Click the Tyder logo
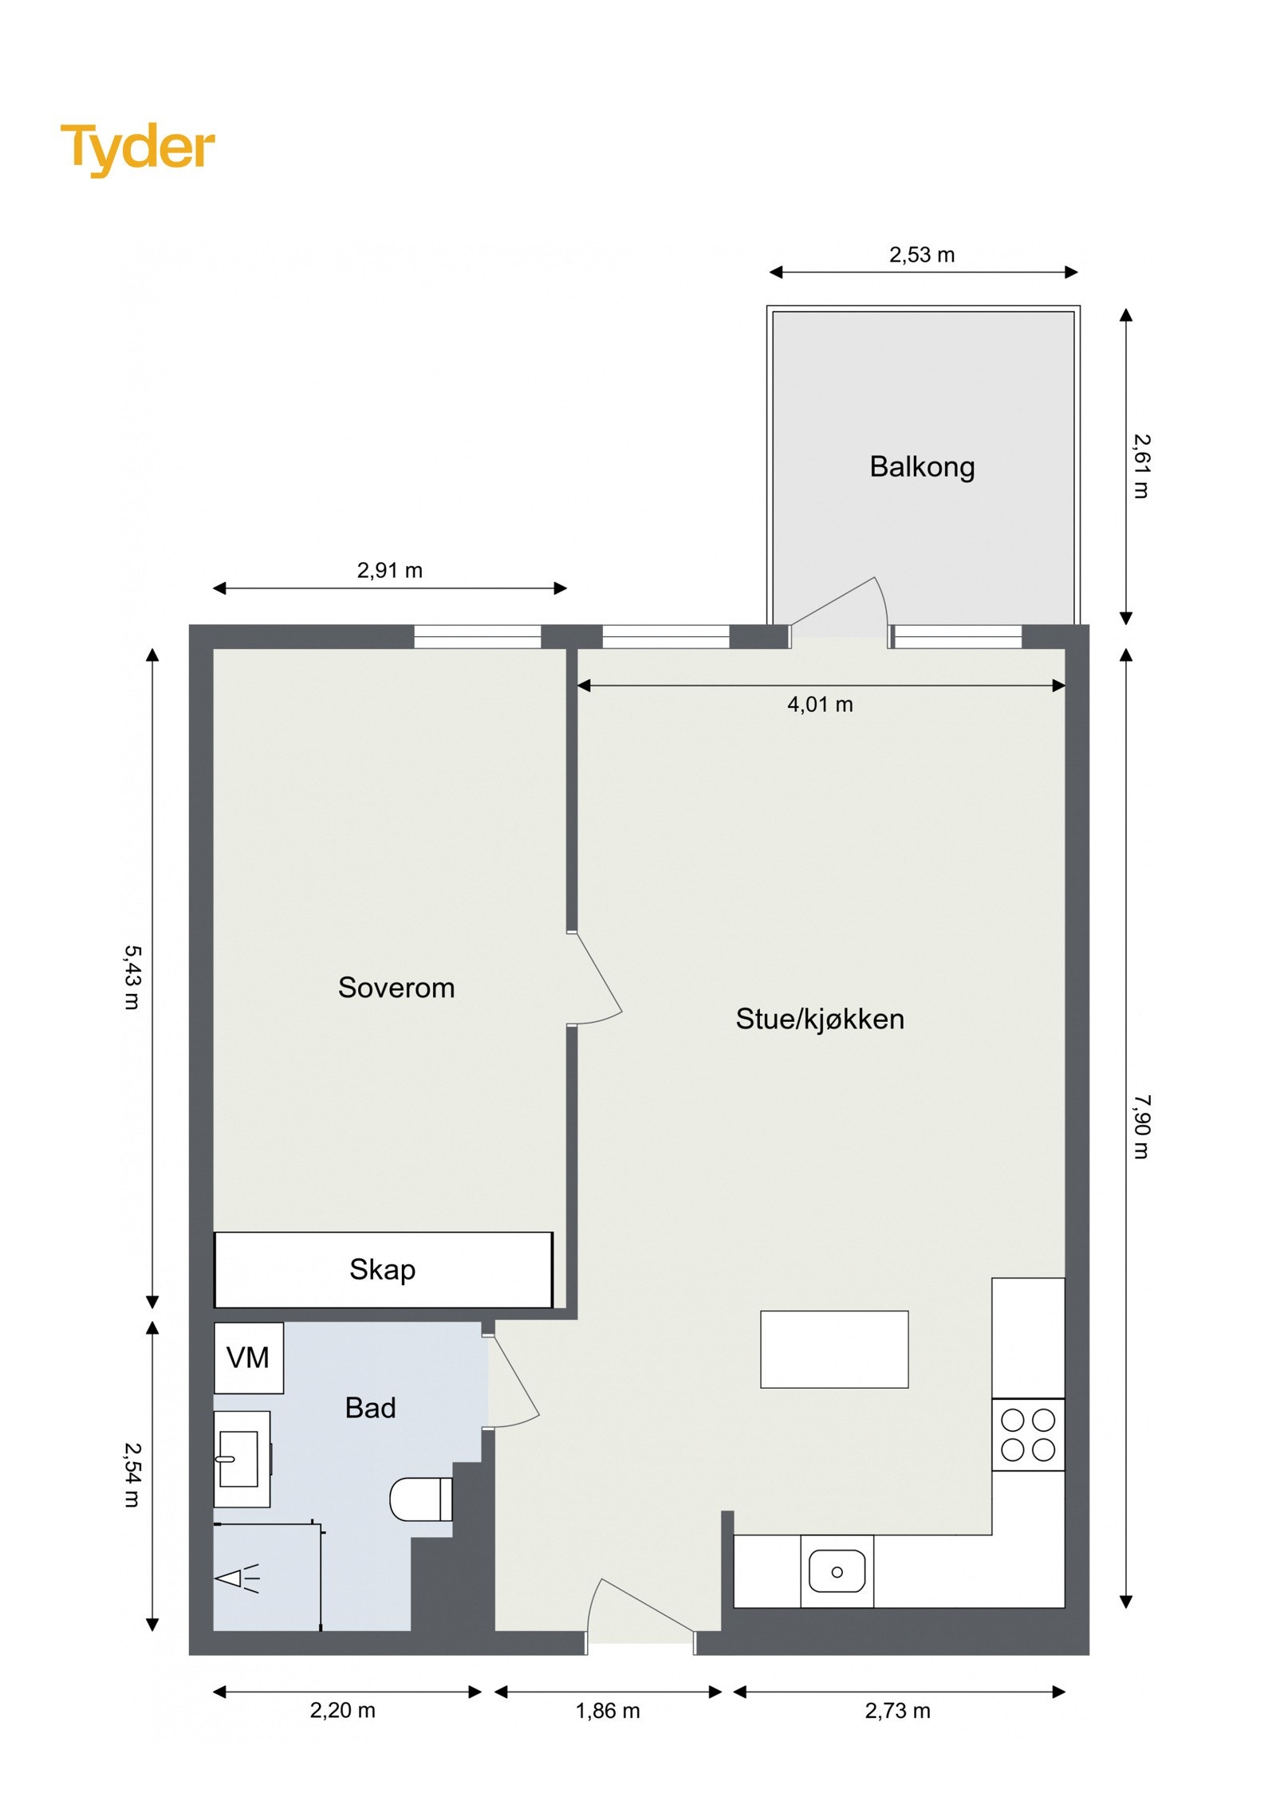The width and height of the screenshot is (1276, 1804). click(137, 148)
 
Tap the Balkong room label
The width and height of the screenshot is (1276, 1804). click(921, 466)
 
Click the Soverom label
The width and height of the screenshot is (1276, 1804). click(396, 988)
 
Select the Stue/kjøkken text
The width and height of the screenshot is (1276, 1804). click(819, 1019)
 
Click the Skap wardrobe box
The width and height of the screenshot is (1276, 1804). click(382, 1270)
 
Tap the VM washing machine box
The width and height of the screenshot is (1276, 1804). click(248, 1358)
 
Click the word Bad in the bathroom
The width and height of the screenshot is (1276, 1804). click(370, 1408)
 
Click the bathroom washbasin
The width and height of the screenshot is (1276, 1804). click(240, 1459)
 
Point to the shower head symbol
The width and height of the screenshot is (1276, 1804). click(236, 1578)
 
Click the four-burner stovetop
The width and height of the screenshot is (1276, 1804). click(1027, 1435)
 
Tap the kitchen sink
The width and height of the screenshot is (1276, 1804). click(836, 1572)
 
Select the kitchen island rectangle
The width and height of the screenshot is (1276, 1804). click(833, 1350)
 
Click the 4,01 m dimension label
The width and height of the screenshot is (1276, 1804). click(820, 705)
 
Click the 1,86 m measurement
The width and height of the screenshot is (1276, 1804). click(608, 1711)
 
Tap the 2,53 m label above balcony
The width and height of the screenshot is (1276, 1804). click(921, 255)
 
